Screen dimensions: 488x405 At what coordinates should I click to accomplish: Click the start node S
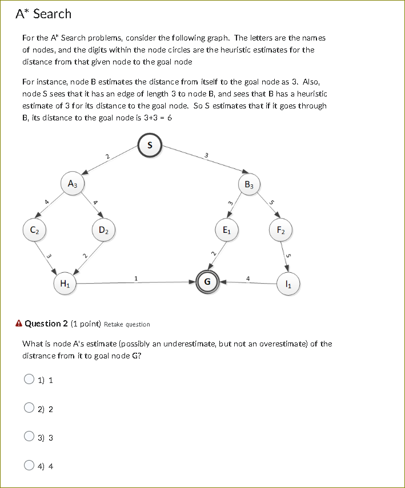pyautogui.click(x=150, y=145)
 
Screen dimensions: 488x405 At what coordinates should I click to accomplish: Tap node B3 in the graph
pyautogui.click(x=250, y=184)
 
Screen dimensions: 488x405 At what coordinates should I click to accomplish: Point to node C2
pyautogui.click(x=34, y=230)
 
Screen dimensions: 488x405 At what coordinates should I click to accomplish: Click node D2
pyautogui.click(x=104, y=230)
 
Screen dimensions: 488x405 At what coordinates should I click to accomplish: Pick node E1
pyautogui.click(x=227, y=230)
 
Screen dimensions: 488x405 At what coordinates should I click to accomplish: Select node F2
pyautogui.click(x=280, y=230)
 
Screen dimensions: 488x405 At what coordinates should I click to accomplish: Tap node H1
pyautogui.click(x=65, y=283)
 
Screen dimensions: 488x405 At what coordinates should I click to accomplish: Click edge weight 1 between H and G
pyautogui.click(x=135, y=278)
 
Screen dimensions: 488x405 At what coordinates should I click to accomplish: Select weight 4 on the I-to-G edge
pyautogui.click(x=247, y=278)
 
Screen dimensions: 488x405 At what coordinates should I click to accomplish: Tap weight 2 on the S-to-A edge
pyautogui.click(x=107, y=156)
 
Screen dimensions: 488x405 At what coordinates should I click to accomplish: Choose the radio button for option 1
pyautogui.click(x=29, y=380)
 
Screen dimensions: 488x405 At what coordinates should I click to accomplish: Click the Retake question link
pyautogui.click(x=127, y=324)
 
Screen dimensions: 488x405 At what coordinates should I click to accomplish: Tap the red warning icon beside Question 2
pyautogui.click(x=19, y=324)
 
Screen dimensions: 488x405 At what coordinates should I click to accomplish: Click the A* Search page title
pyautogui.click(x=43, y=14)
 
